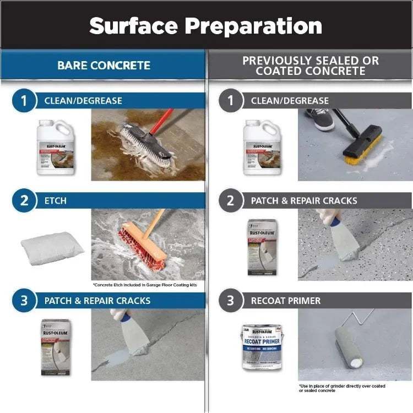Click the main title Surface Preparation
(x=205, y=26)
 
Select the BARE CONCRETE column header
(x=104, y=66)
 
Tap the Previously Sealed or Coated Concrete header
(x=311, y=66)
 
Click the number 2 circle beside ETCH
(x=24, y=200)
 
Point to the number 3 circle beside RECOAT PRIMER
(x=231, y=301)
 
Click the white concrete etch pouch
(x=51, y=247)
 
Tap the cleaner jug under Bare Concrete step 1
(x=56, y=147)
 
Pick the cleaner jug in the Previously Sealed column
(x=263, y=147)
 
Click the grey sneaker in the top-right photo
(x=320, y=118)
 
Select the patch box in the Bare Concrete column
(x=56, y=347)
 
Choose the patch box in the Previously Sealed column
(x=262, y=247)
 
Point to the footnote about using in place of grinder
(x=342, y=388)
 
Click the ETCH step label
(x=56, y=200)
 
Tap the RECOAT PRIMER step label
(x=286, y=301)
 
